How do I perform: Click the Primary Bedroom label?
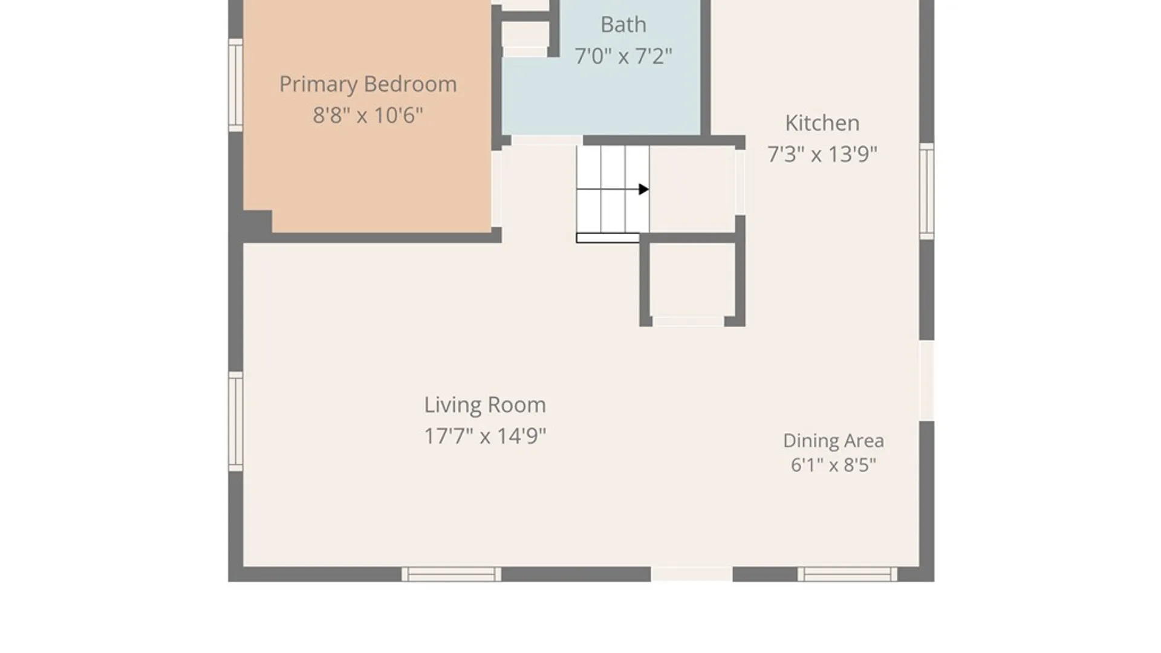pyautogui.click(x=368, y=85)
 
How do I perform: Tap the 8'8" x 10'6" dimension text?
pyautogui.click(x=368, y=115)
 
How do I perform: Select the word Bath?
pyautogui.click(x=623, y=25)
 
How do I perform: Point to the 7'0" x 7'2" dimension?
pyautogui.click(x=623, y=56)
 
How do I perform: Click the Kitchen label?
pyautogui.click(x=822, y=123)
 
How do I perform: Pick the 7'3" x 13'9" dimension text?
pyautogui.click(x=822, y=154)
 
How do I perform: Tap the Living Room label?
pyautogui.click(x=485, y=405)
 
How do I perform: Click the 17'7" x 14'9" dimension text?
pyautogui.click(x=485, y=436)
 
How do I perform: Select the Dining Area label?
pyautogui.click(x=833, y=441)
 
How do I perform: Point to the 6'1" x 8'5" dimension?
pyautogui.click(x=833, y=465)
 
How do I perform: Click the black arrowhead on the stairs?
pyautogui.click(x=644, y=189)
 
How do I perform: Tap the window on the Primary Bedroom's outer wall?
pyautogui.click(x=236, y=85)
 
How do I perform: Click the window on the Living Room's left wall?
pyautogui.click(x=236, y=421)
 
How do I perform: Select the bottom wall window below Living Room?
pyautogui.click(x=452, y=574)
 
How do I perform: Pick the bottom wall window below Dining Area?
pyautogui.click(x=847, y=574)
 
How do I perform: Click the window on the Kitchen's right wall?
pyautogui.click(x=927, y=191)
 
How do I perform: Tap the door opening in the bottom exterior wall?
pyautogui.click(x=692, y=574)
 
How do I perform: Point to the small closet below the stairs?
pyautogui.click(x=692, y=280)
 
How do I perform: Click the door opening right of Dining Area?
pyautogui.click(x=927, y=380)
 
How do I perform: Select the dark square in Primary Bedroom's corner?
pyautogui.click(x=258, y=222)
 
